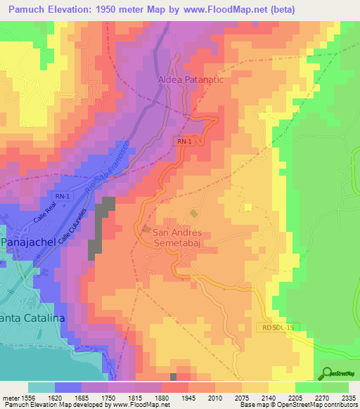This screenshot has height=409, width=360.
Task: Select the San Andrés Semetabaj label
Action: pyautogui.click(x=177, y=238)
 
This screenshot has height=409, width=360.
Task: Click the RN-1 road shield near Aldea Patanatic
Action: pyautogui.click(x=184, y=141)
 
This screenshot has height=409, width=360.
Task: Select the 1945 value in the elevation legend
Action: pyautogui.click(x=187, y=397)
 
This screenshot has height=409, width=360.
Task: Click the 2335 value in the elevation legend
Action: pyautogui.click(x=349, y=397)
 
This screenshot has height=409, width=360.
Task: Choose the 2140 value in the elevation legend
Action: pyautogui.click(x=268, y=397)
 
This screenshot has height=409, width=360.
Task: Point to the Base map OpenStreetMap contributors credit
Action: pyautogui.click(x=298, y=405)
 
